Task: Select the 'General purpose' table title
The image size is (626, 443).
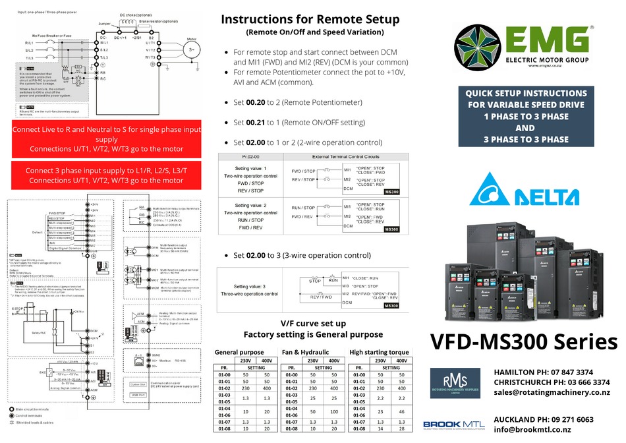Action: (240, 352)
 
